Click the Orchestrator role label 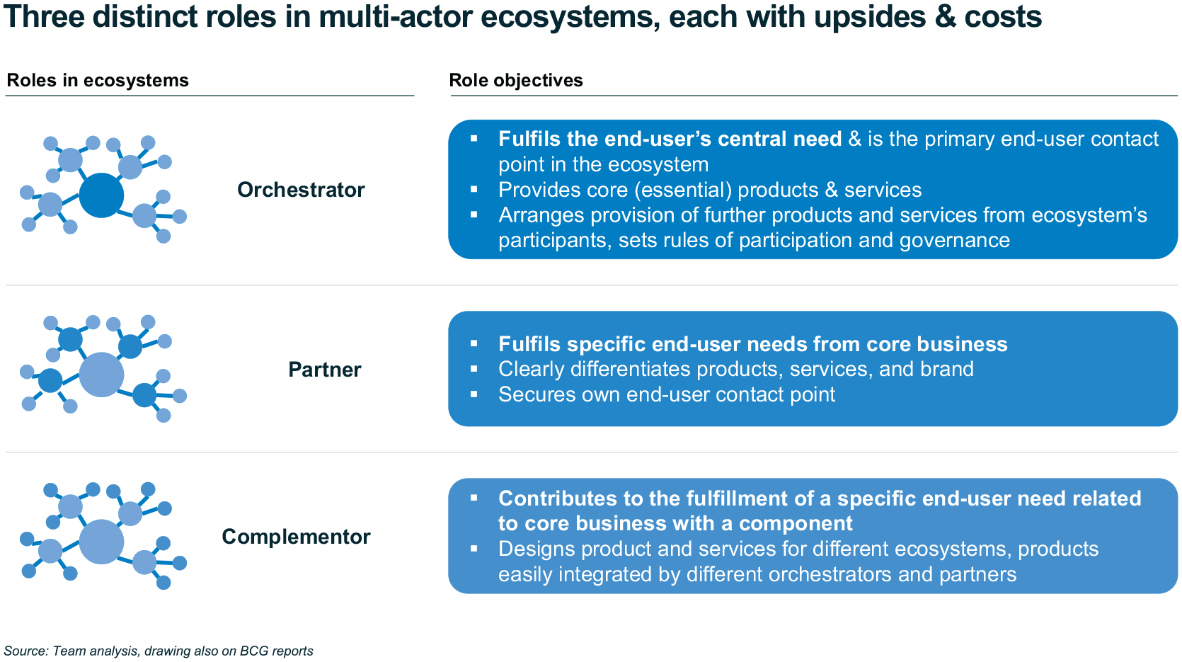[301, 190]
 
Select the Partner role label [325, 370]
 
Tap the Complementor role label [296, 537]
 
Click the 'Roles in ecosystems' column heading [98, 80]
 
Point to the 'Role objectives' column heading [515, 80]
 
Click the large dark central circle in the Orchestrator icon [101, 195]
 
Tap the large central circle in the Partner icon [101, 375]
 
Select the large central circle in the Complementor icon [101, 542]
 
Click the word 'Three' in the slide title [44, 16]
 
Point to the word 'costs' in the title [1003, 16]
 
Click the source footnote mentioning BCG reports [159, 651]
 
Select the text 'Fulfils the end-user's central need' [670, 139]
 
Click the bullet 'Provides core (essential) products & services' [710, 190]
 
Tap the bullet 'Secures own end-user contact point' [667, 395]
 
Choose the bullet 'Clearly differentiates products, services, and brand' [735, 369]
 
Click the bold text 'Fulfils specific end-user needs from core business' [752, 344]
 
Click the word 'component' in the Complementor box [796, 524]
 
